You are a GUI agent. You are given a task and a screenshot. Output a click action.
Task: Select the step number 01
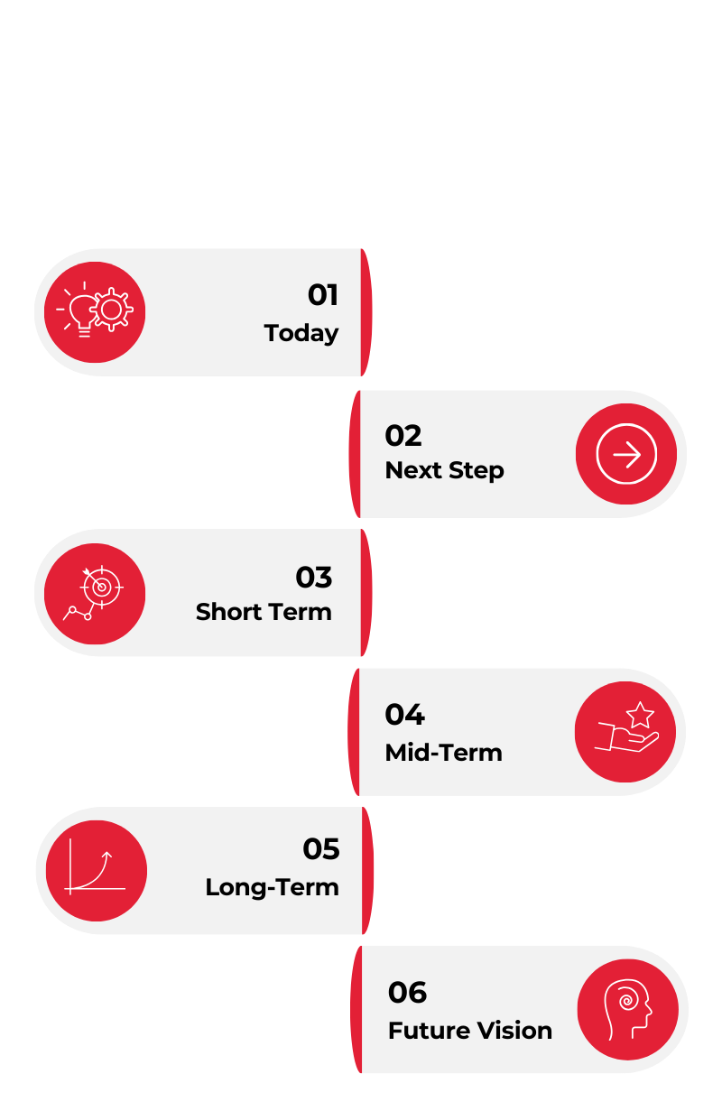pyautogui.click(x=322, y=295)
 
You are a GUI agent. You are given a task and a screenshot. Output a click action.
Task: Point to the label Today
pyautogui.click(x=301, y=333)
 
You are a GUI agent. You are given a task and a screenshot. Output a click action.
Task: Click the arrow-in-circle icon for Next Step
pyautogui.click(x=626, y=455)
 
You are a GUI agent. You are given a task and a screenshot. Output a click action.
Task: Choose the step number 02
pyautogui.click(x=403, y=436)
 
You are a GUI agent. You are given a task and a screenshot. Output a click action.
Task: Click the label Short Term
pyautogui.click(x=264, y=612)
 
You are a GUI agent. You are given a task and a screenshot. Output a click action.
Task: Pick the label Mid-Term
pyautogui.click(x=443, y=753)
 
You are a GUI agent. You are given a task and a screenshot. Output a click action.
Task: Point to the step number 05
pyautogui.click(x=321, y=849)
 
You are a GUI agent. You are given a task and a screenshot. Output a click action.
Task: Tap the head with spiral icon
pyautogui.click(x=626, y=1009)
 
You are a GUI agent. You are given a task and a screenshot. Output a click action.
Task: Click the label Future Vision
pyautogui.click(x=469, y=1031)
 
